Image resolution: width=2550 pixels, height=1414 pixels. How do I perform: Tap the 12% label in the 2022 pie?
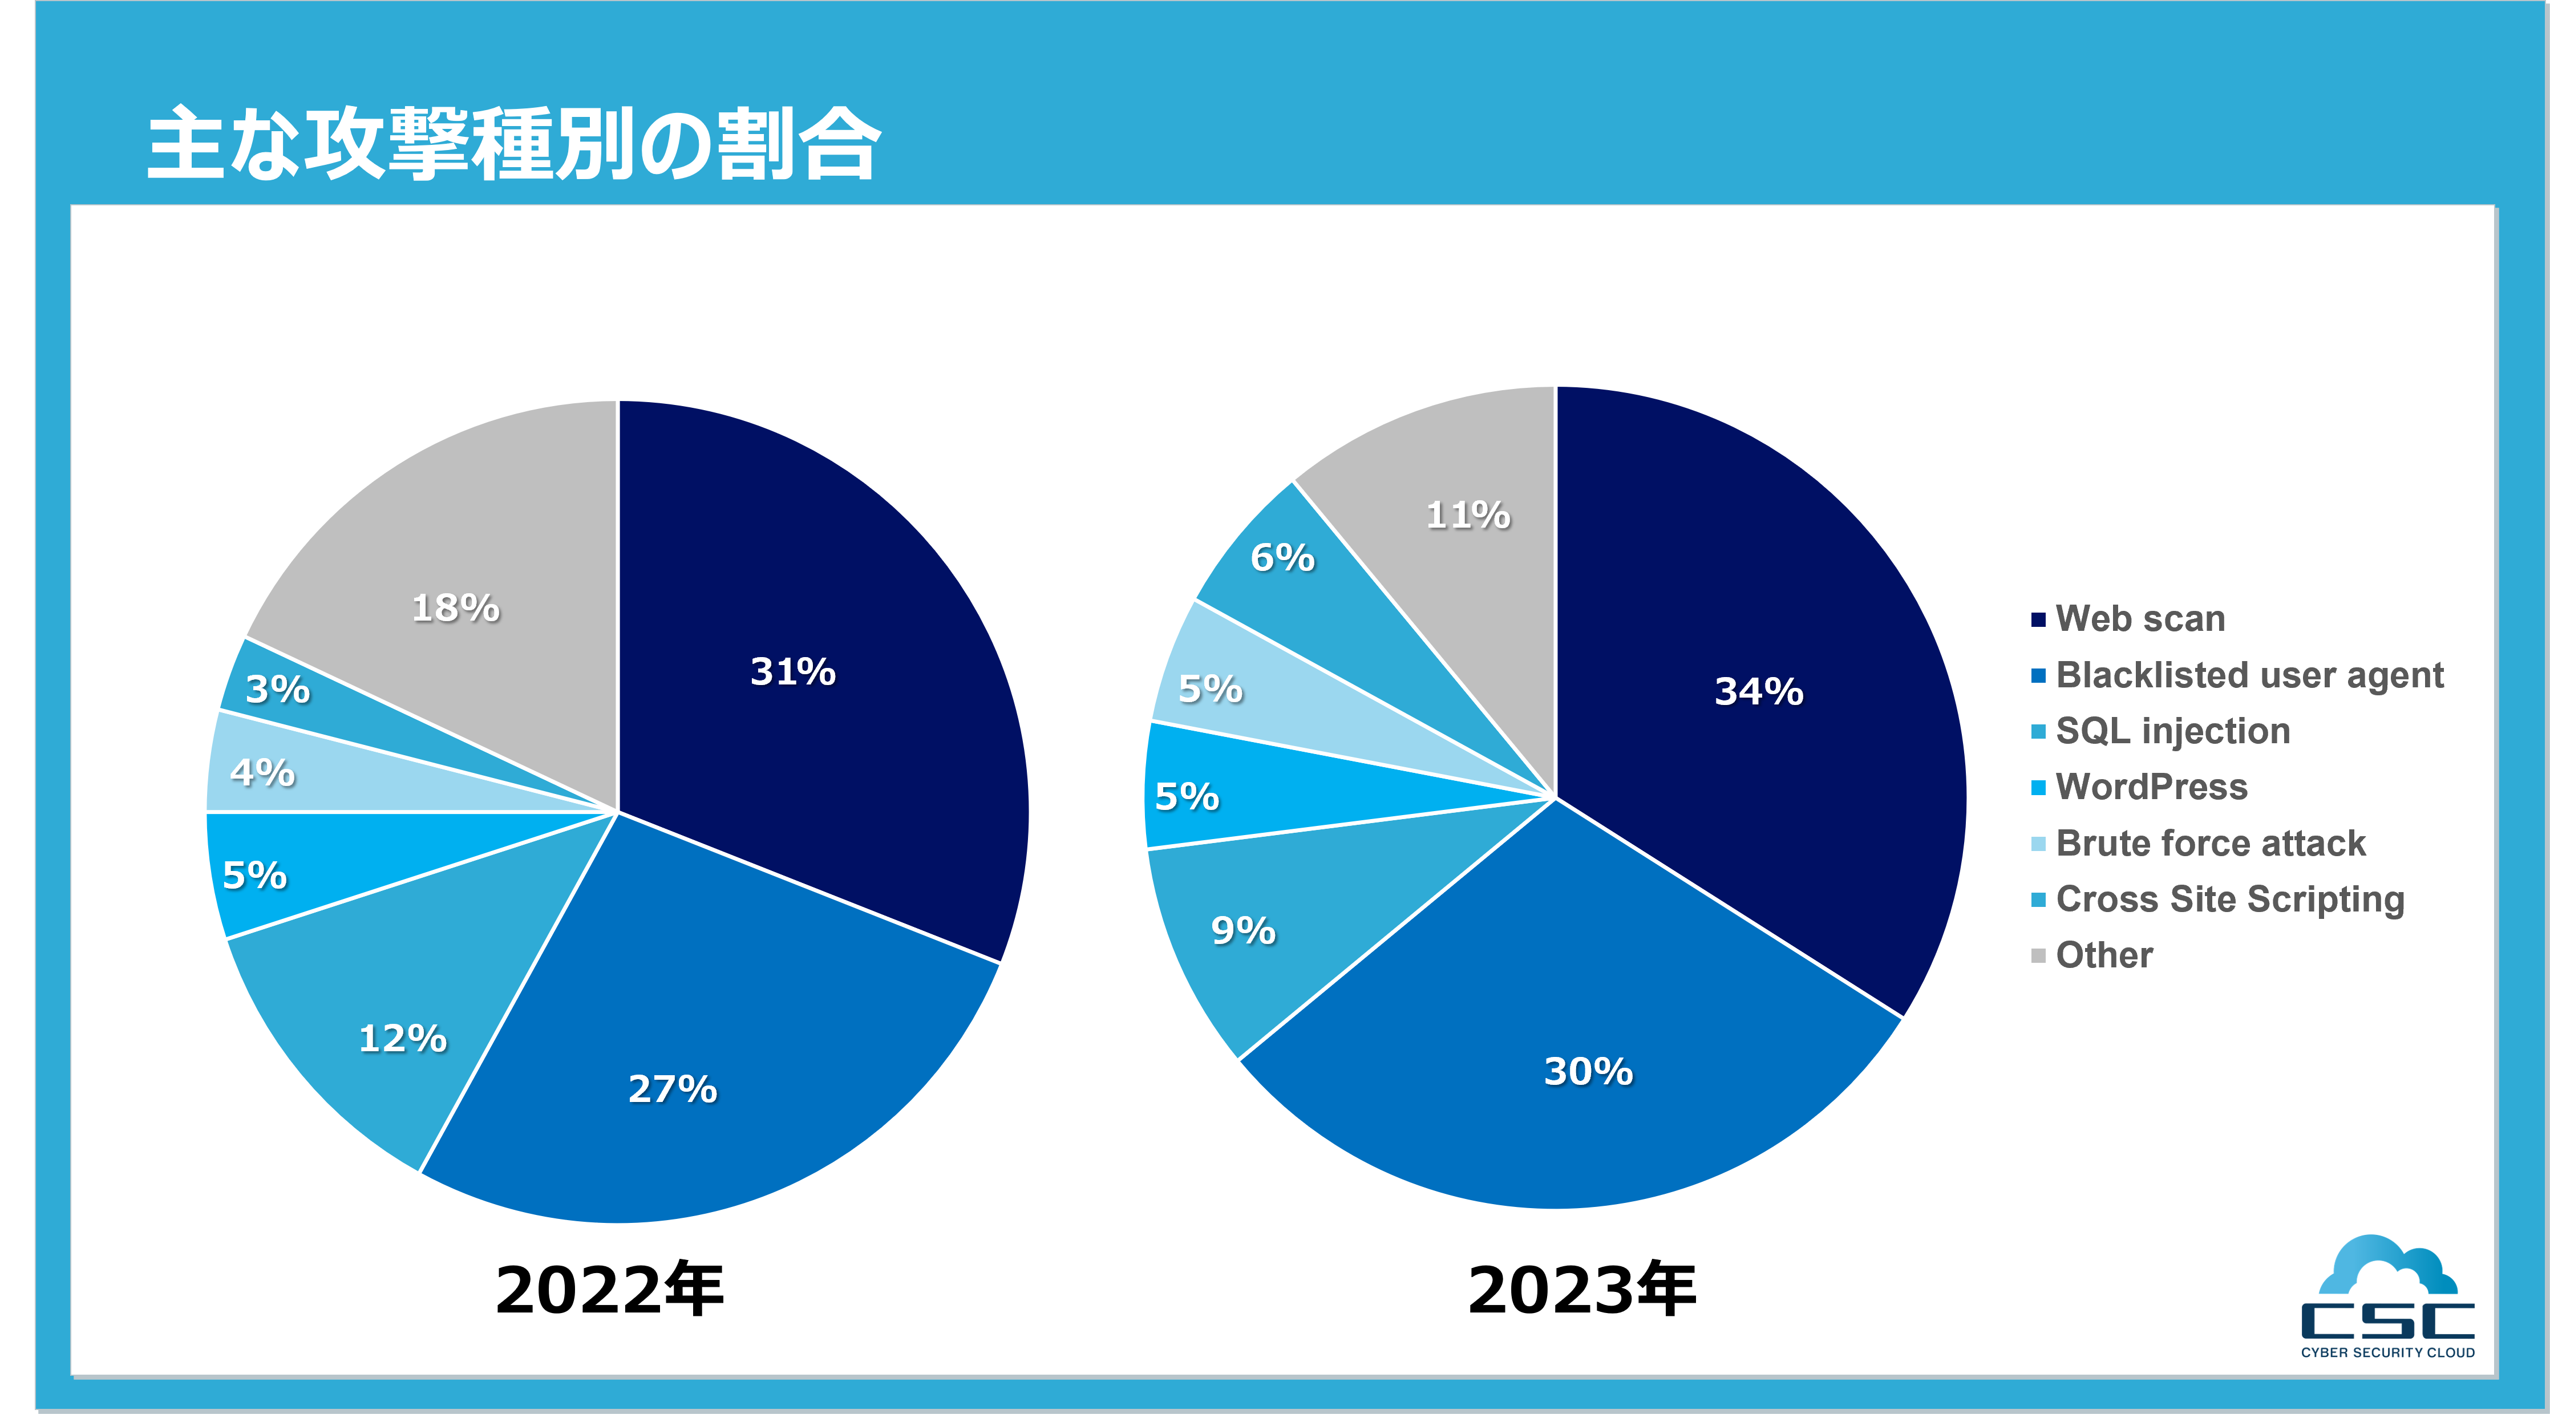click(x=402, y=1038)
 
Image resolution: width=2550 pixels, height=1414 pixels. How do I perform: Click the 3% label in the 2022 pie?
click(x=277, y=688)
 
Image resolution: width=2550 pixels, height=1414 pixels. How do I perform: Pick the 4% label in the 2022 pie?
click(x=262, y=772)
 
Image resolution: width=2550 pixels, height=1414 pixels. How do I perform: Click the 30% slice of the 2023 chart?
click(x=1588, y=1071)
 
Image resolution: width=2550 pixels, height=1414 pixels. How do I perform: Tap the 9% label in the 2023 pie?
click(x=1243, y=930)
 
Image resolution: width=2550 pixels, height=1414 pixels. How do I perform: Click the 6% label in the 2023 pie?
click(x=1282, y=557)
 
